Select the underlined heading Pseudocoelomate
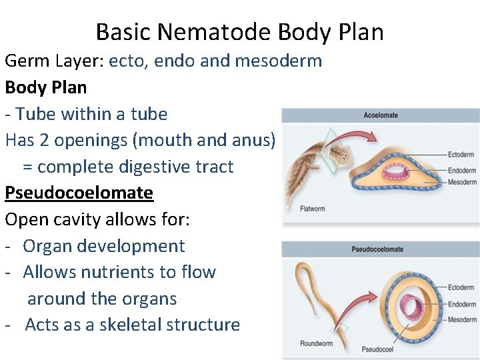[79, 193]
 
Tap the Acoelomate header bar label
[381, 115]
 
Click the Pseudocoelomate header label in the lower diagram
[377, 249]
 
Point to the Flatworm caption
[312, 209]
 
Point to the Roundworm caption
[316, 345]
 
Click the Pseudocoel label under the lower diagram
[377, 349]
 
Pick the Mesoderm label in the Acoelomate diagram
[462, 182]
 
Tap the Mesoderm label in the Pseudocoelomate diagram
[462, 320]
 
